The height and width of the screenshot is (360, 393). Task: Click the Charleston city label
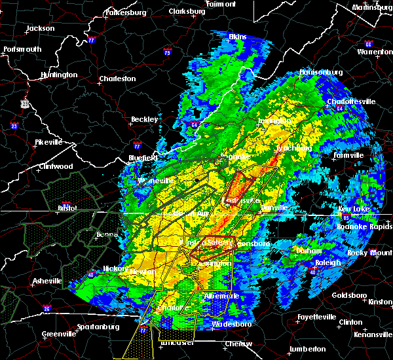pos(117,79)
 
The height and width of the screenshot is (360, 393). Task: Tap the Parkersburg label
pos(123,12)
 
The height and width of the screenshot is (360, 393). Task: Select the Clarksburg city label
pos(187,11)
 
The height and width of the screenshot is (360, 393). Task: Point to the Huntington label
pos(58,75)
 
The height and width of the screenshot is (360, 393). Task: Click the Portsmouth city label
pos(21,49)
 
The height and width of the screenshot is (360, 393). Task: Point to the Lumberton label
pos(307,349)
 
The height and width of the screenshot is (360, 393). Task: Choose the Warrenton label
pos(375,50)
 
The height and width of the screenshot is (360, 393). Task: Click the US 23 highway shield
pos(24,103)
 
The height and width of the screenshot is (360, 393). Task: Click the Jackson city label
pos(40,29)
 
